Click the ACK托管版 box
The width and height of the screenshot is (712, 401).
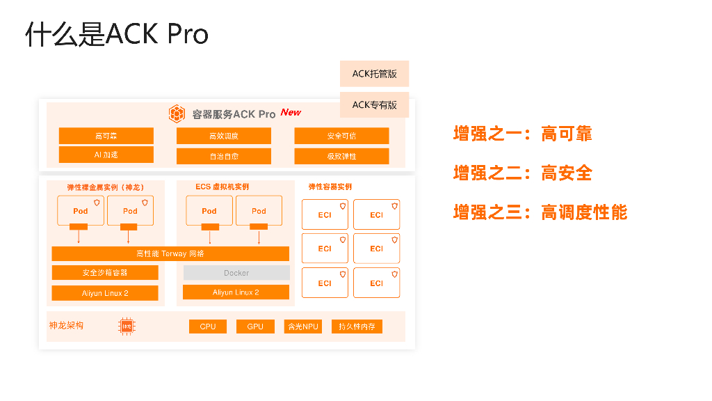pyautogui.click(x=374, y=74)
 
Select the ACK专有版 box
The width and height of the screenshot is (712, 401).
pyautogui.click(x=374, y=104)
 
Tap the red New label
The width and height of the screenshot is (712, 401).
pyautogui.click(x=291, y=112)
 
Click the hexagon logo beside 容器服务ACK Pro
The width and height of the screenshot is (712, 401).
pyautogui.click(x=177, y=113)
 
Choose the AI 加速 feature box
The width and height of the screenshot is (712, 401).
pyautogui.click(x=106, y=155)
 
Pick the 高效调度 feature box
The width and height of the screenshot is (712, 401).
pyautogui.click(x=224, y=136)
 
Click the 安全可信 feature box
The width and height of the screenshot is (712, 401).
pyautogui.click(x=341, y=136)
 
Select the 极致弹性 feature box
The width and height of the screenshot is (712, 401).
pyautogui.click(x=341, y=156)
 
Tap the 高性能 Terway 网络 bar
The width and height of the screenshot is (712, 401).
pyautogui.click(x=170, y=253)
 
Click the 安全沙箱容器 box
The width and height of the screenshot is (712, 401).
pyautogui.click(x=105, y=272)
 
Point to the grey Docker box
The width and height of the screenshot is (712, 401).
pyautogui.click(x=236, y=273)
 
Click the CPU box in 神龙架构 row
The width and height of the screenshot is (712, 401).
pyautogui.click(x=208, y=327)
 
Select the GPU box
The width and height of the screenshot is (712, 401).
pyautogui.click(x=255, y=327)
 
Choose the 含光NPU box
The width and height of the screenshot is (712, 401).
pyautogui.click(x=303, y=327)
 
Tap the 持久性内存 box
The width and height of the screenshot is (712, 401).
pyautogui.click(x=357, y=327)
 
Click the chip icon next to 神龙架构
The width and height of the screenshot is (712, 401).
pyautogui.click(x=127, y=326)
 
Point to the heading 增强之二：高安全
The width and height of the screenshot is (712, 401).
pyautogui.click(x=523, y=173)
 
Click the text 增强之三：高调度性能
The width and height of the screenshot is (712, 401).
pyautogui.click(x=540, y=212)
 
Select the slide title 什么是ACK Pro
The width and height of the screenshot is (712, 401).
pyautogui.click(x=117, y=33)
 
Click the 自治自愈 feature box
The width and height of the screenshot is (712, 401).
pyautogui.click(x=224, y=156)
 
